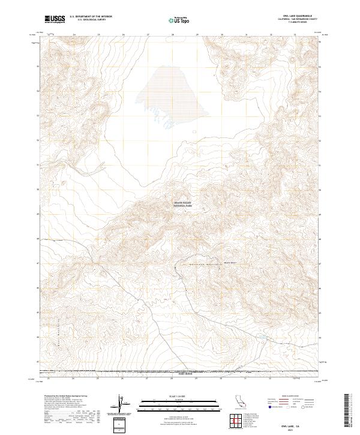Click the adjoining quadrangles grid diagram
(x=235, y=423)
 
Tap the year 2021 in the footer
(x=292, y=430)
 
